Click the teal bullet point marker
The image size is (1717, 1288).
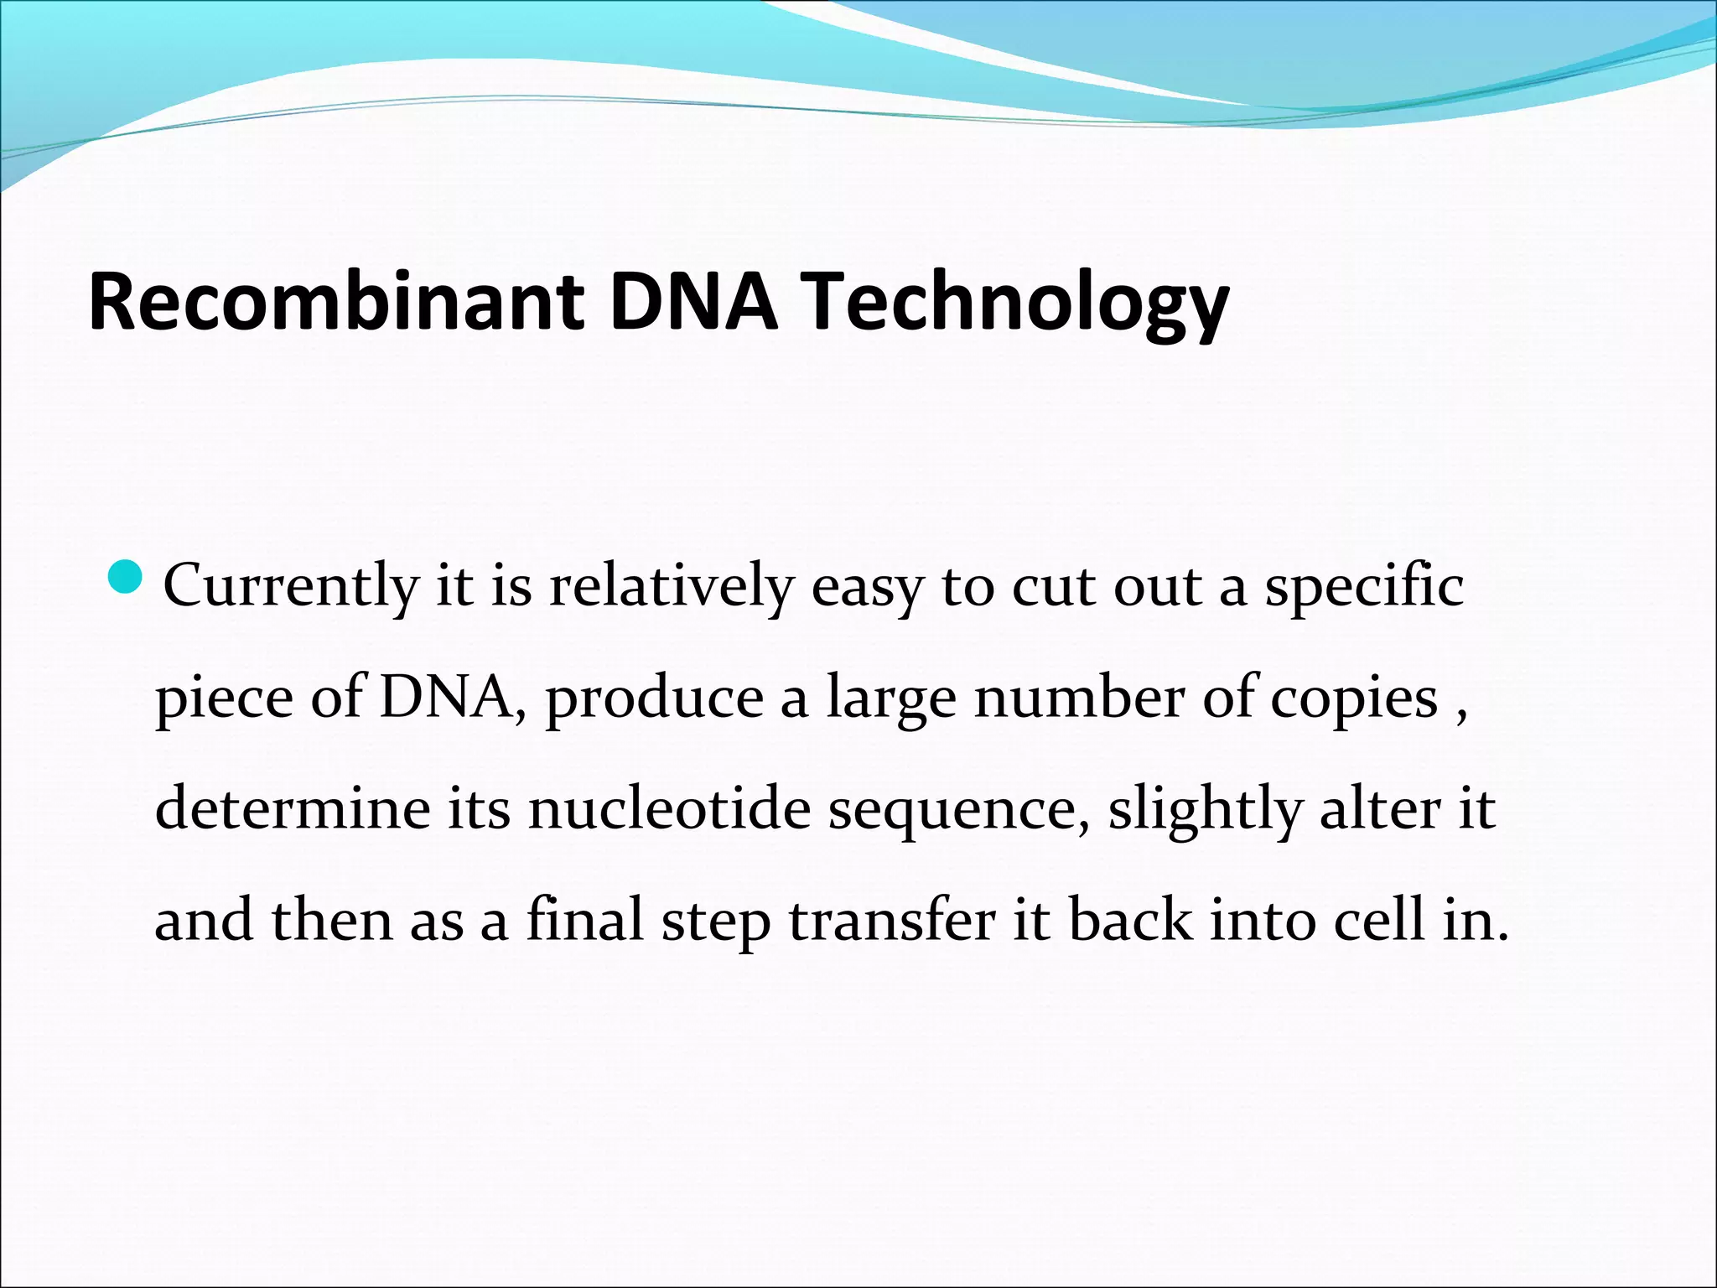pos(127,577)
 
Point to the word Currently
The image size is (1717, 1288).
pos(290,587)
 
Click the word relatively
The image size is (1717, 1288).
pos(671,587)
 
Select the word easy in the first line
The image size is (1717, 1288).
pos(868,589)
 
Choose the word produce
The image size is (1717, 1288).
pos(654,700)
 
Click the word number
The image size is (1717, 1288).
pos(1078,698)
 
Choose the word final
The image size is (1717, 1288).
pos(584,920)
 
